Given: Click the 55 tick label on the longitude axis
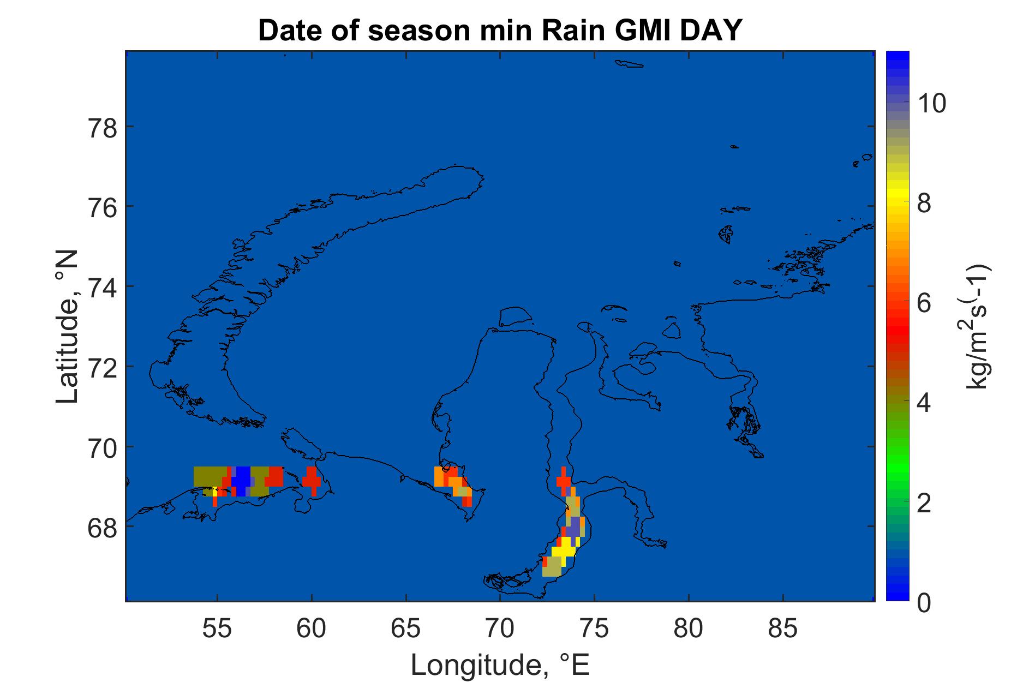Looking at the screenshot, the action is coord(217,629).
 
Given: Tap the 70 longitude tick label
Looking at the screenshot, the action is coord(500,629).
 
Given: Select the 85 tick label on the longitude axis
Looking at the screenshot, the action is coord(783,629).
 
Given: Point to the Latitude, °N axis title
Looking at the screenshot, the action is coord(68,327).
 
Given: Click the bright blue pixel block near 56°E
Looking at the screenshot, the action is coord(241,481).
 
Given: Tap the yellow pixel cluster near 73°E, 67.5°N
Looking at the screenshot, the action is coord(564,546).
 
